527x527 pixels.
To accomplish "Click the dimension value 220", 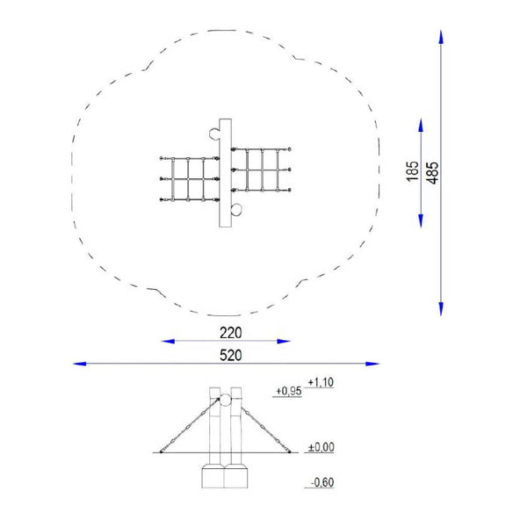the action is coord(230,333).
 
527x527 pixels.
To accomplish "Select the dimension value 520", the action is coord(230,355).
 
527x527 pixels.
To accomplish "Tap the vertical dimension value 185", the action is coord(413,171).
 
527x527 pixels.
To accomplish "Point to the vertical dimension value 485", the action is coord(432,173).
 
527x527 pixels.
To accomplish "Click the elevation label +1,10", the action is coord(321,382).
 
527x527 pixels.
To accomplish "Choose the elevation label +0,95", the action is coord(289,391).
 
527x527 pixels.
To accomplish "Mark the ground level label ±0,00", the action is coord(321,447).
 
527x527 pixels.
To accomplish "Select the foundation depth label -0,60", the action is coord(322,482).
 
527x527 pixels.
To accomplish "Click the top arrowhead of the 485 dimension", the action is coord(441,37).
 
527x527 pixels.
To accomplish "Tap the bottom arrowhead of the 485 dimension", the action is coord(441,309).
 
